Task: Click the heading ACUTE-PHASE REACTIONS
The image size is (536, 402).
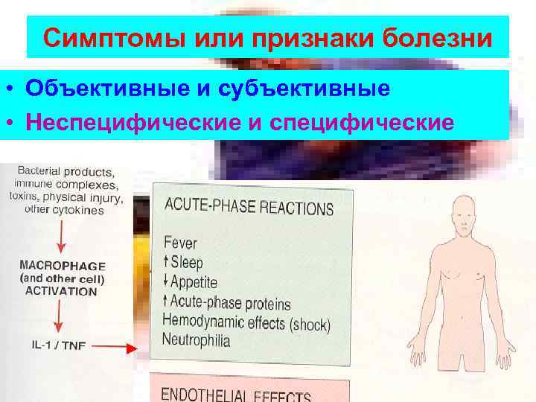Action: (x=248, y=205)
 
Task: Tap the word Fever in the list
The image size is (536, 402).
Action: (x=181, y=243)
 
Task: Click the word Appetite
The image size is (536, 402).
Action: (x=194, y=282)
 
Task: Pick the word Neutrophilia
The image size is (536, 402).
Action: (x=197, y=341)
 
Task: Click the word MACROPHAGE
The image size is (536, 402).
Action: (x=63, y=266)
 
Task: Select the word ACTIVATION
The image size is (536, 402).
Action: (x=61, y=291)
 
